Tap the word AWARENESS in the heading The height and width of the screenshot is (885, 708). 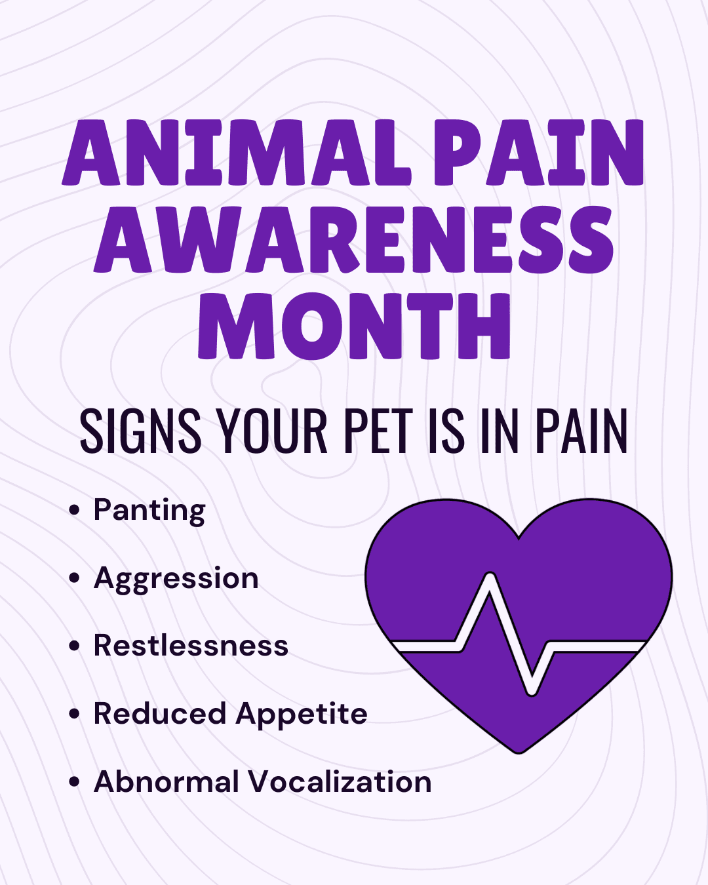click(x=354, y=239)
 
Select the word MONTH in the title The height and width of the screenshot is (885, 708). click(x=354, y=326)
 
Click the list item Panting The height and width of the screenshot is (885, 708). click(x=149, y=511)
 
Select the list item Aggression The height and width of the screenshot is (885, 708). click(x=176, y=579)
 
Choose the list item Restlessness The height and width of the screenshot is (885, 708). click(x=191, y=646)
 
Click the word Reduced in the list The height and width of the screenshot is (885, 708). click(x=159, y=714)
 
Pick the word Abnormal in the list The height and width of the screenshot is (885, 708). click(x=167, y=782)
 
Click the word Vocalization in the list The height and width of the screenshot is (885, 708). click(x=340, y=782)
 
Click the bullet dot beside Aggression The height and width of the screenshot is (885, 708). click(x=74, y=578)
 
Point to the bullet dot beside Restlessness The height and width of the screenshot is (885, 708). click(x=74, y=646)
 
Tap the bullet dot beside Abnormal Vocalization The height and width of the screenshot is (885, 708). click(x=74, y=781)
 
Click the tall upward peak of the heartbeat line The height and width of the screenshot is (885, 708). click(x=490, y=578)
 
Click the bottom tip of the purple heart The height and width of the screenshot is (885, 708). click(x=519, y=751)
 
